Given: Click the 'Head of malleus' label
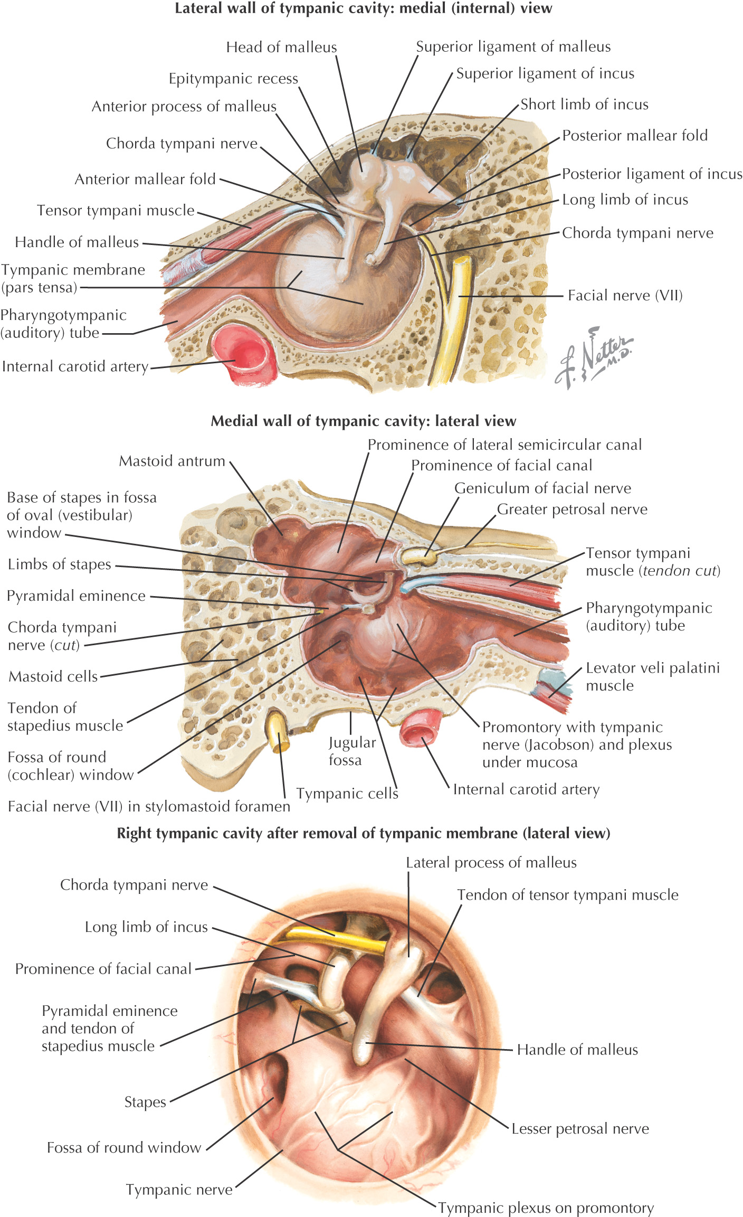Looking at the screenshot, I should click(x=281, y=48).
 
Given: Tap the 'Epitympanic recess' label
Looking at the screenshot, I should click(x=233, y=79).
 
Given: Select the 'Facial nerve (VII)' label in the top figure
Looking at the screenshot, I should click(x=625, y=295).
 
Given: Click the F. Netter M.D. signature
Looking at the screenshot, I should click(x=594, y=356).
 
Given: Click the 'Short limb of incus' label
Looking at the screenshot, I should click(x=584, y=105).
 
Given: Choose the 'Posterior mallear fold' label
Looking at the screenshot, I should click(x=635, y=136).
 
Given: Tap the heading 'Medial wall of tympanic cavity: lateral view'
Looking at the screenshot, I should click(x=363, y=421).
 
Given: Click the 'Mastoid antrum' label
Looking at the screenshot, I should click(x=172, y=461).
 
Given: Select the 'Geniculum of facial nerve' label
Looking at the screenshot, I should click(x=542, y=488).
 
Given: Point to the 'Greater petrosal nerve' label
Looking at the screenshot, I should click(x=572, y=509).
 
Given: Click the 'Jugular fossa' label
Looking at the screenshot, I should click(x=351, y=751).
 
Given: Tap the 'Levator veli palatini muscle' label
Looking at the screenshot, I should click(x=653, y=676).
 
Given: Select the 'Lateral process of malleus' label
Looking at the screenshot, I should click(x=491, y=862).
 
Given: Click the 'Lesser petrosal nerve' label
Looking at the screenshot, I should click(x=580, y=1128).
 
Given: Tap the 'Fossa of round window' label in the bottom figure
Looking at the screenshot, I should click(x=124, y=1147).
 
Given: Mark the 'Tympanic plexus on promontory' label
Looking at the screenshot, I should click(x=546, y=1207).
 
